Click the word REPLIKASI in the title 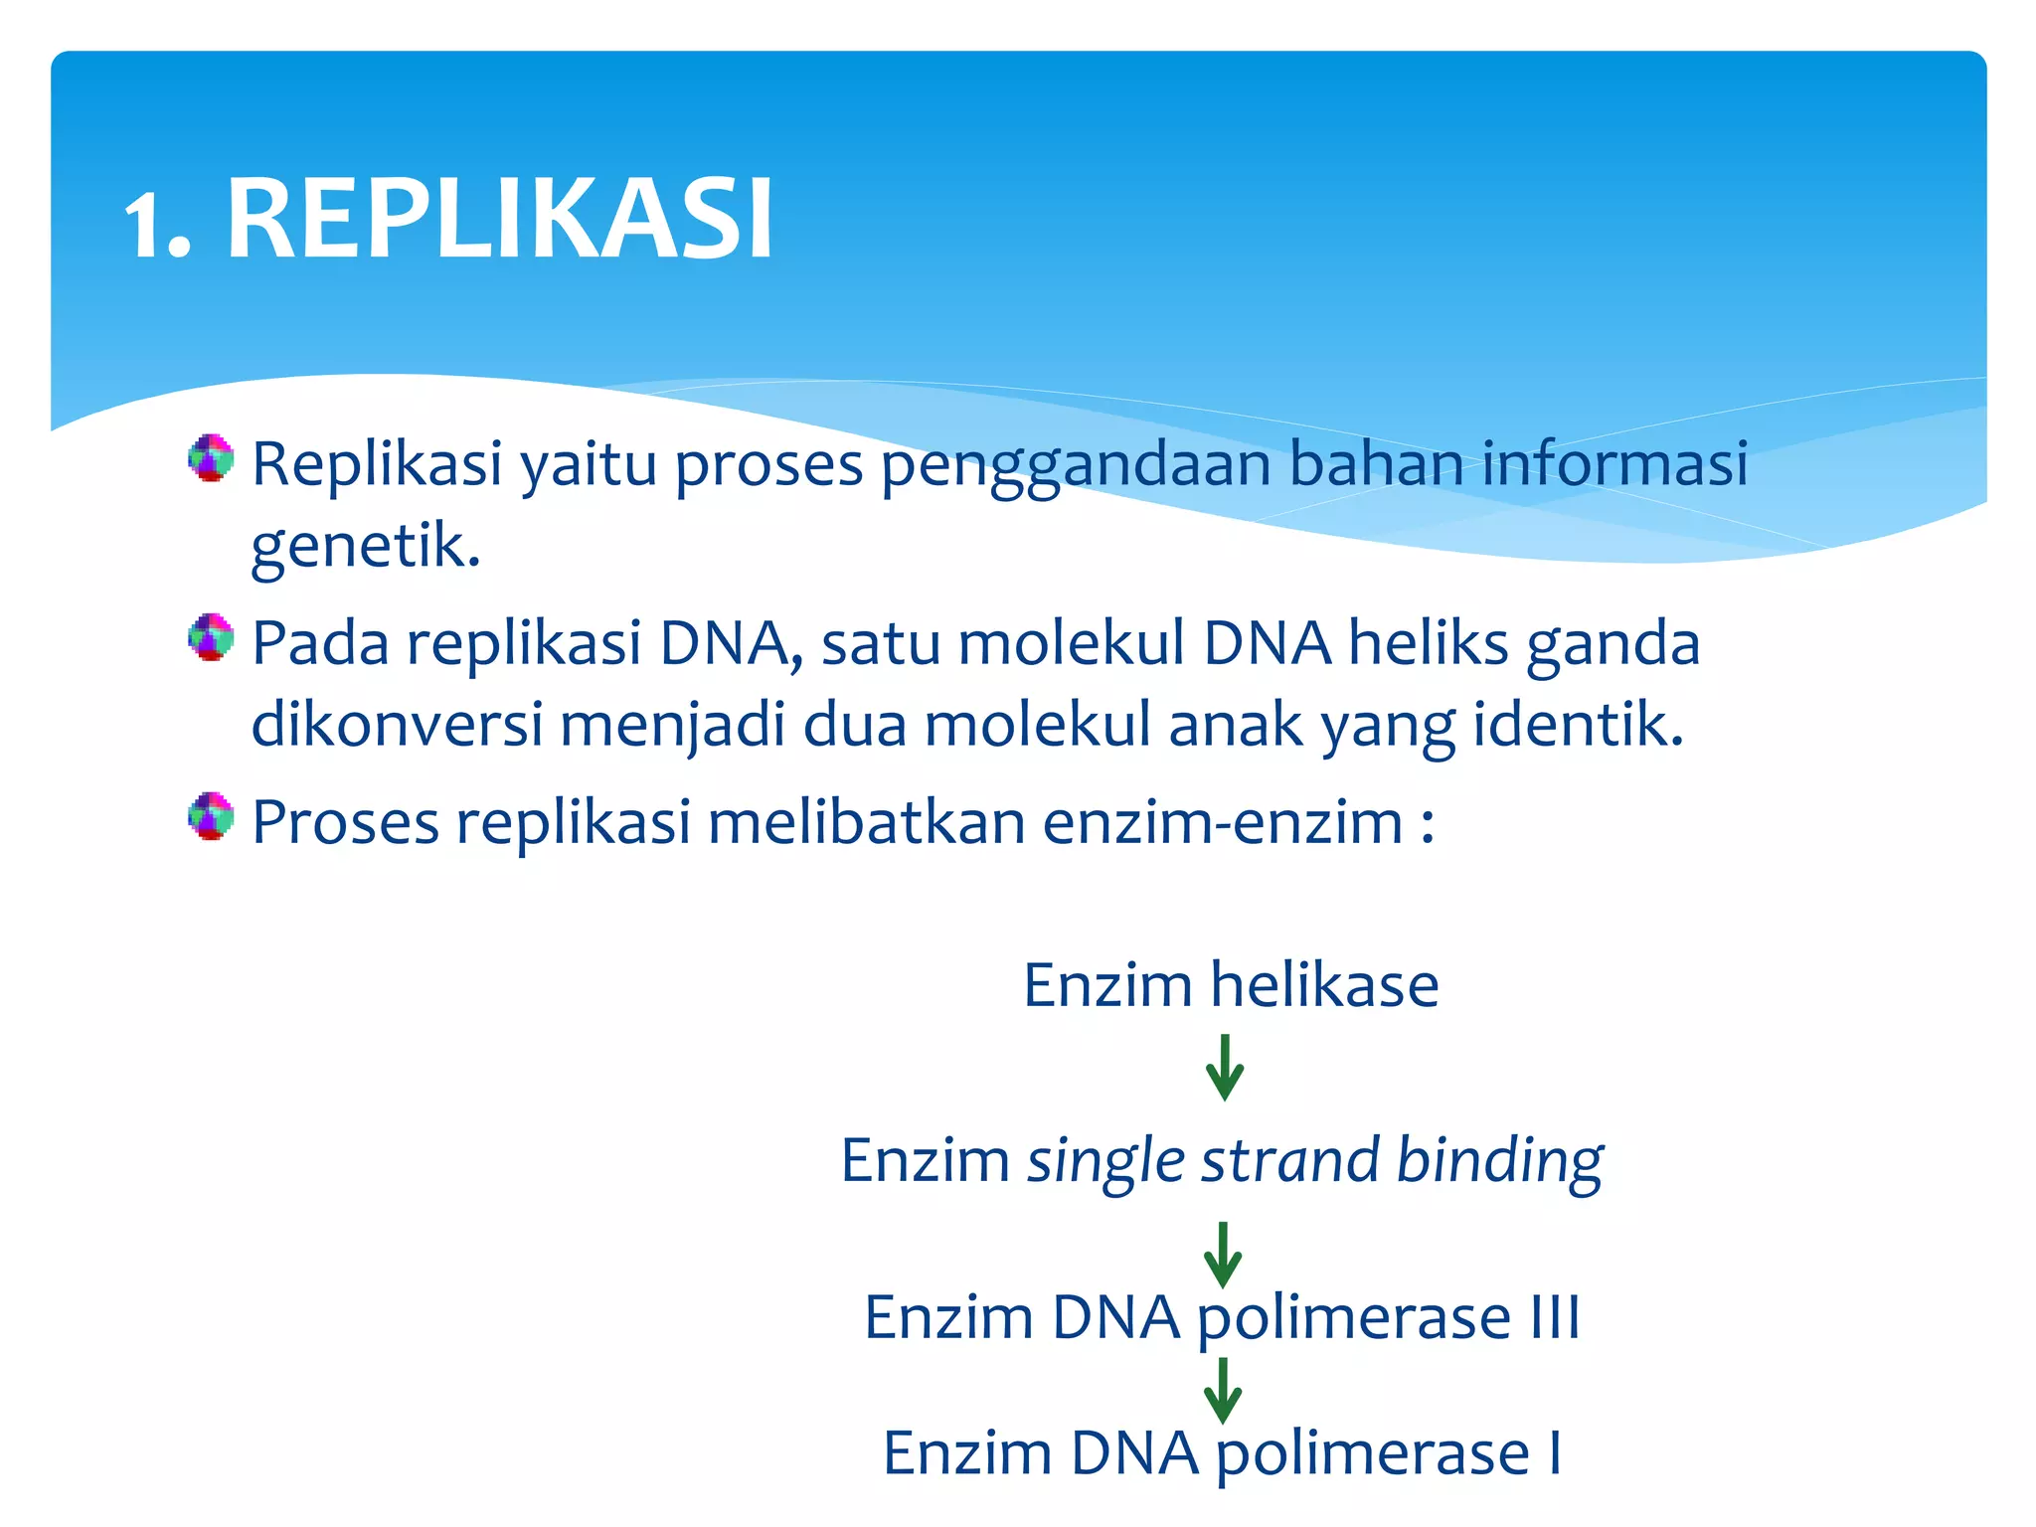pos(500,220)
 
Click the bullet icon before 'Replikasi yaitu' pos(211,458)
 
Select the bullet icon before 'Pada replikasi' pos(211,637)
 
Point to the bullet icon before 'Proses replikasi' pos(211,816)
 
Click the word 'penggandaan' pos(1075,465)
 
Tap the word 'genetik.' pos(366,547)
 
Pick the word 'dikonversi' pos(397,724)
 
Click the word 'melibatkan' pos(866,823)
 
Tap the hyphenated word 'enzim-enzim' pos(1223,823)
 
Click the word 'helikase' pos(1324,985)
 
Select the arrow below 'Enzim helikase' pos(1225,1069)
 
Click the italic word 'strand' pos(1290,1161)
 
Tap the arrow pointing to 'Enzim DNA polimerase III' pos(1223,1255)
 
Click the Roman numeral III pos(1555,1318)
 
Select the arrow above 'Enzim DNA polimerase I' pos(1223,1391)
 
